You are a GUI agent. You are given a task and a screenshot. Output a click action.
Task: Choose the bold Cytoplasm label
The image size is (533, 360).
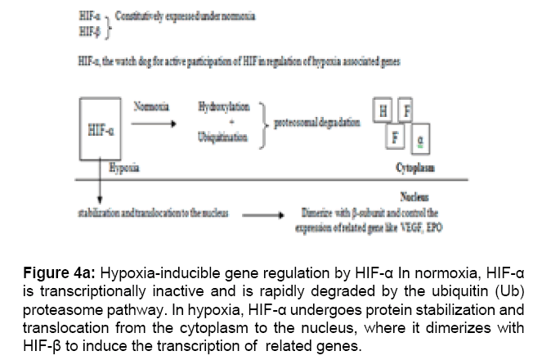pos(414,168)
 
